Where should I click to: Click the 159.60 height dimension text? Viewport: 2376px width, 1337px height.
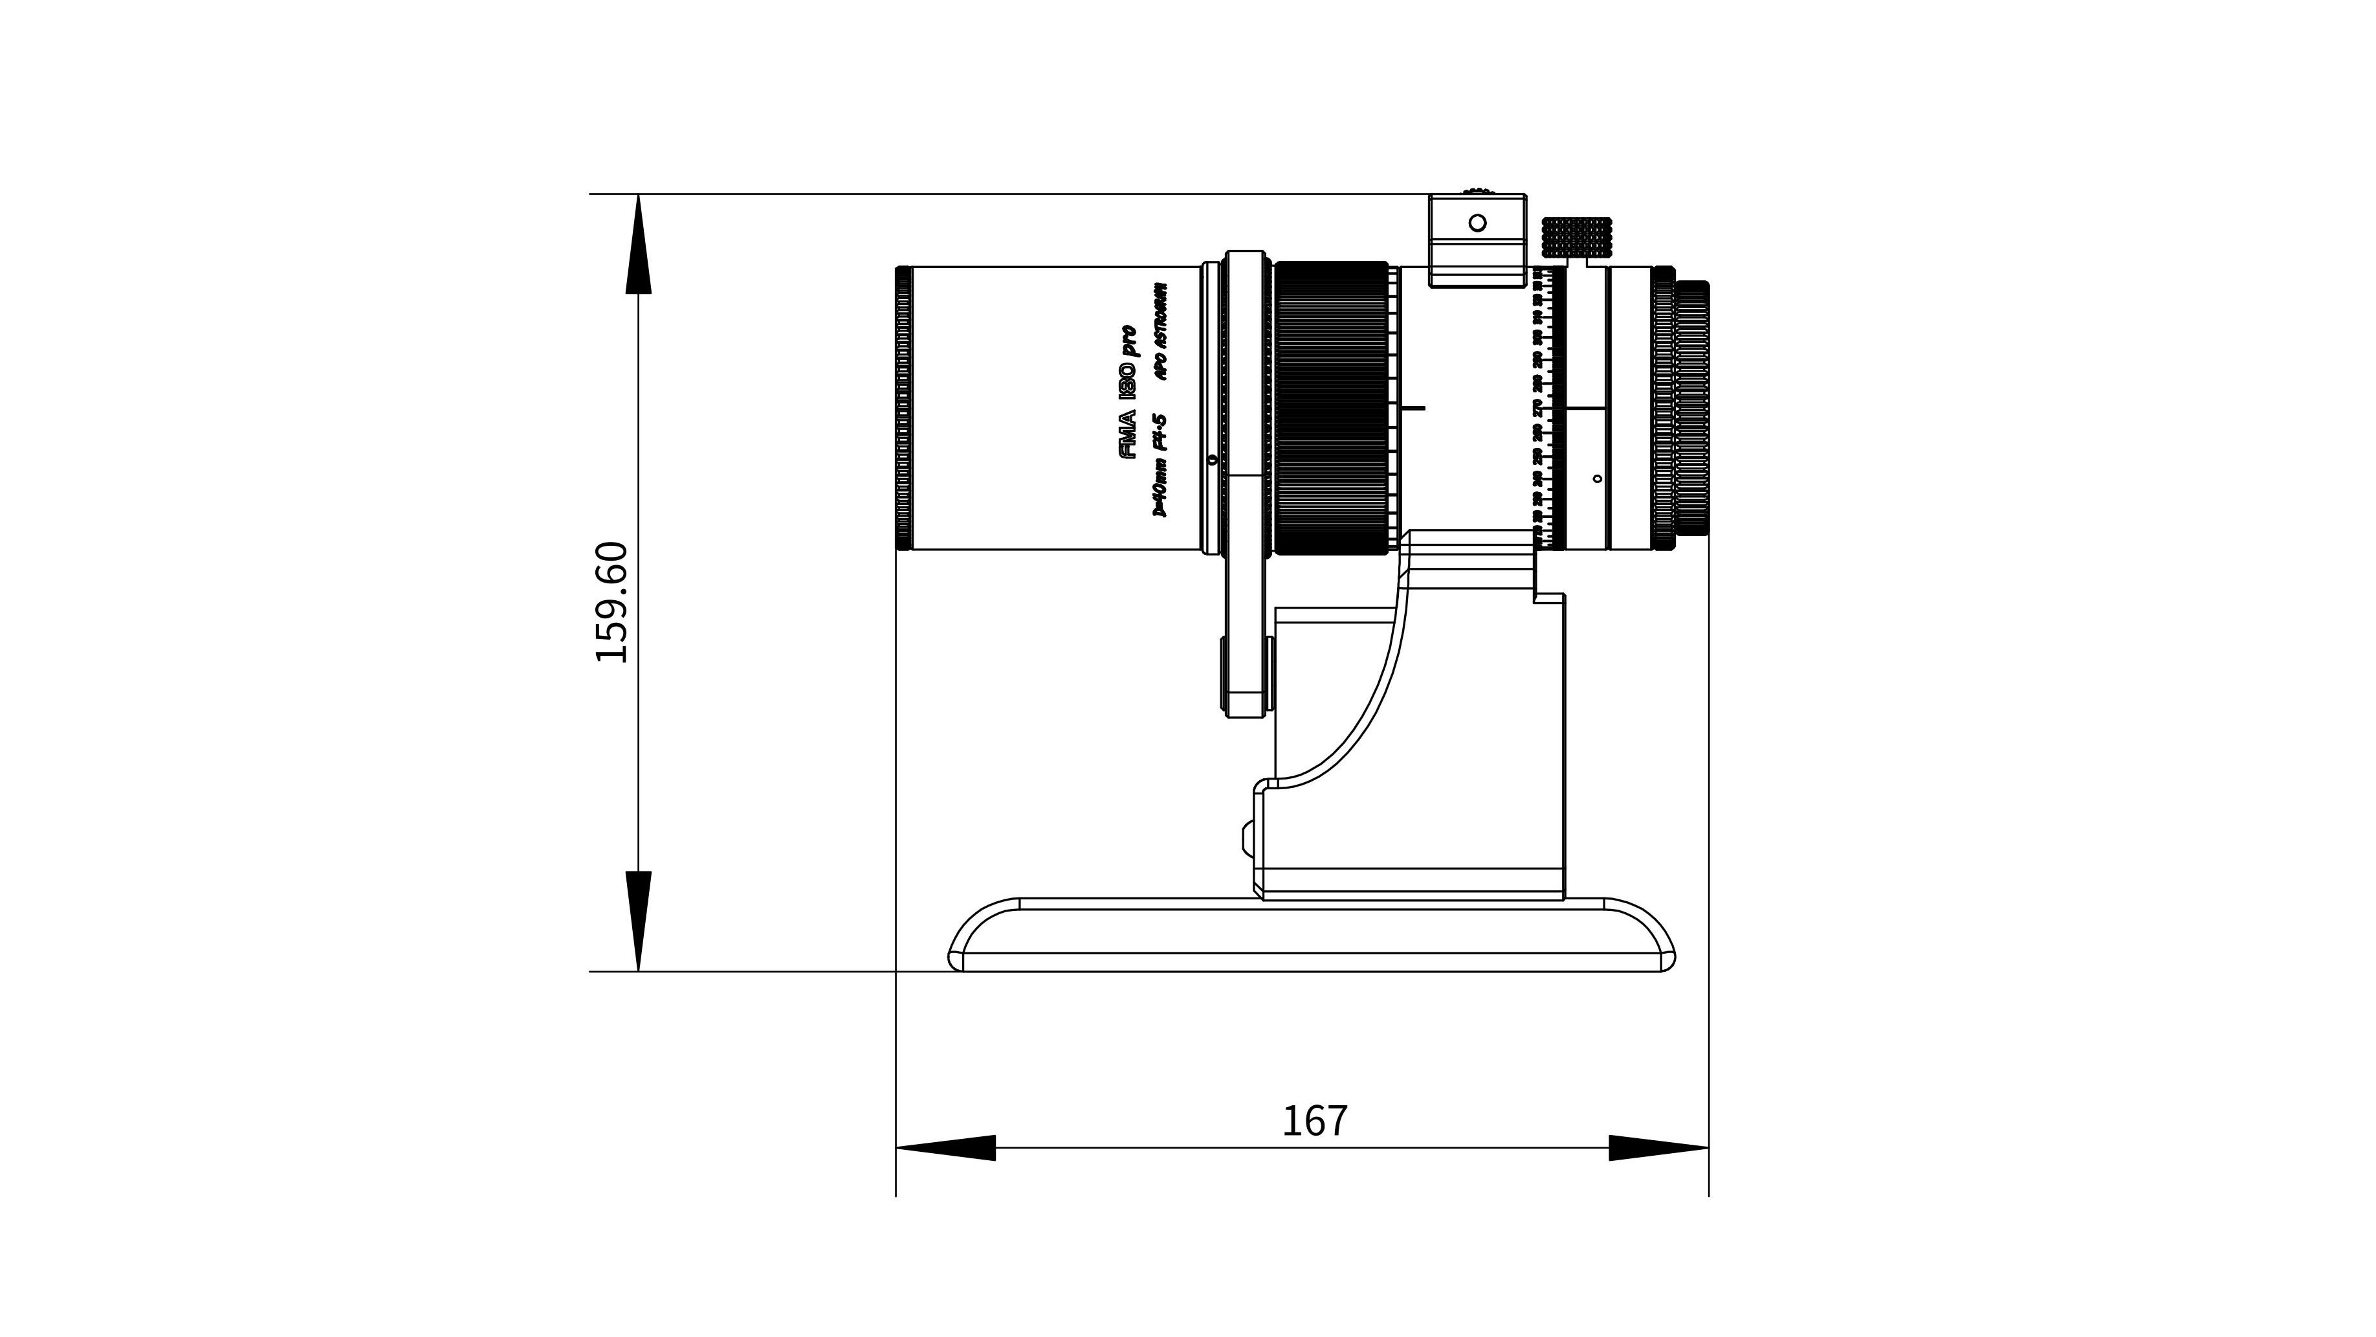point(611,601)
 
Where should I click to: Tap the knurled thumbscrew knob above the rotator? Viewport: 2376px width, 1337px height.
point(1576,237)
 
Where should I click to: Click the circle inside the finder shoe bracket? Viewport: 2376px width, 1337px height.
point(1477,222)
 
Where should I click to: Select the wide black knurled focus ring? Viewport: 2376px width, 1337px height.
point(1331,408)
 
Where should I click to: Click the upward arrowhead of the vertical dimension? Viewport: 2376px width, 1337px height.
point(638,245)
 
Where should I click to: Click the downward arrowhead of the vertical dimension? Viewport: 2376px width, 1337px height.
point(638,920)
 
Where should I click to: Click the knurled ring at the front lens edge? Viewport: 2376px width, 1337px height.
point(903,408)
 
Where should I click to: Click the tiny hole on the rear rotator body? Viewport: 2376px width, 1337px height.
point(1596,478)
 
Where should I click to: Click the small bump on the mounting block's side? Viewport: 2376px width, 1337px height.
point(1247,838)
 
